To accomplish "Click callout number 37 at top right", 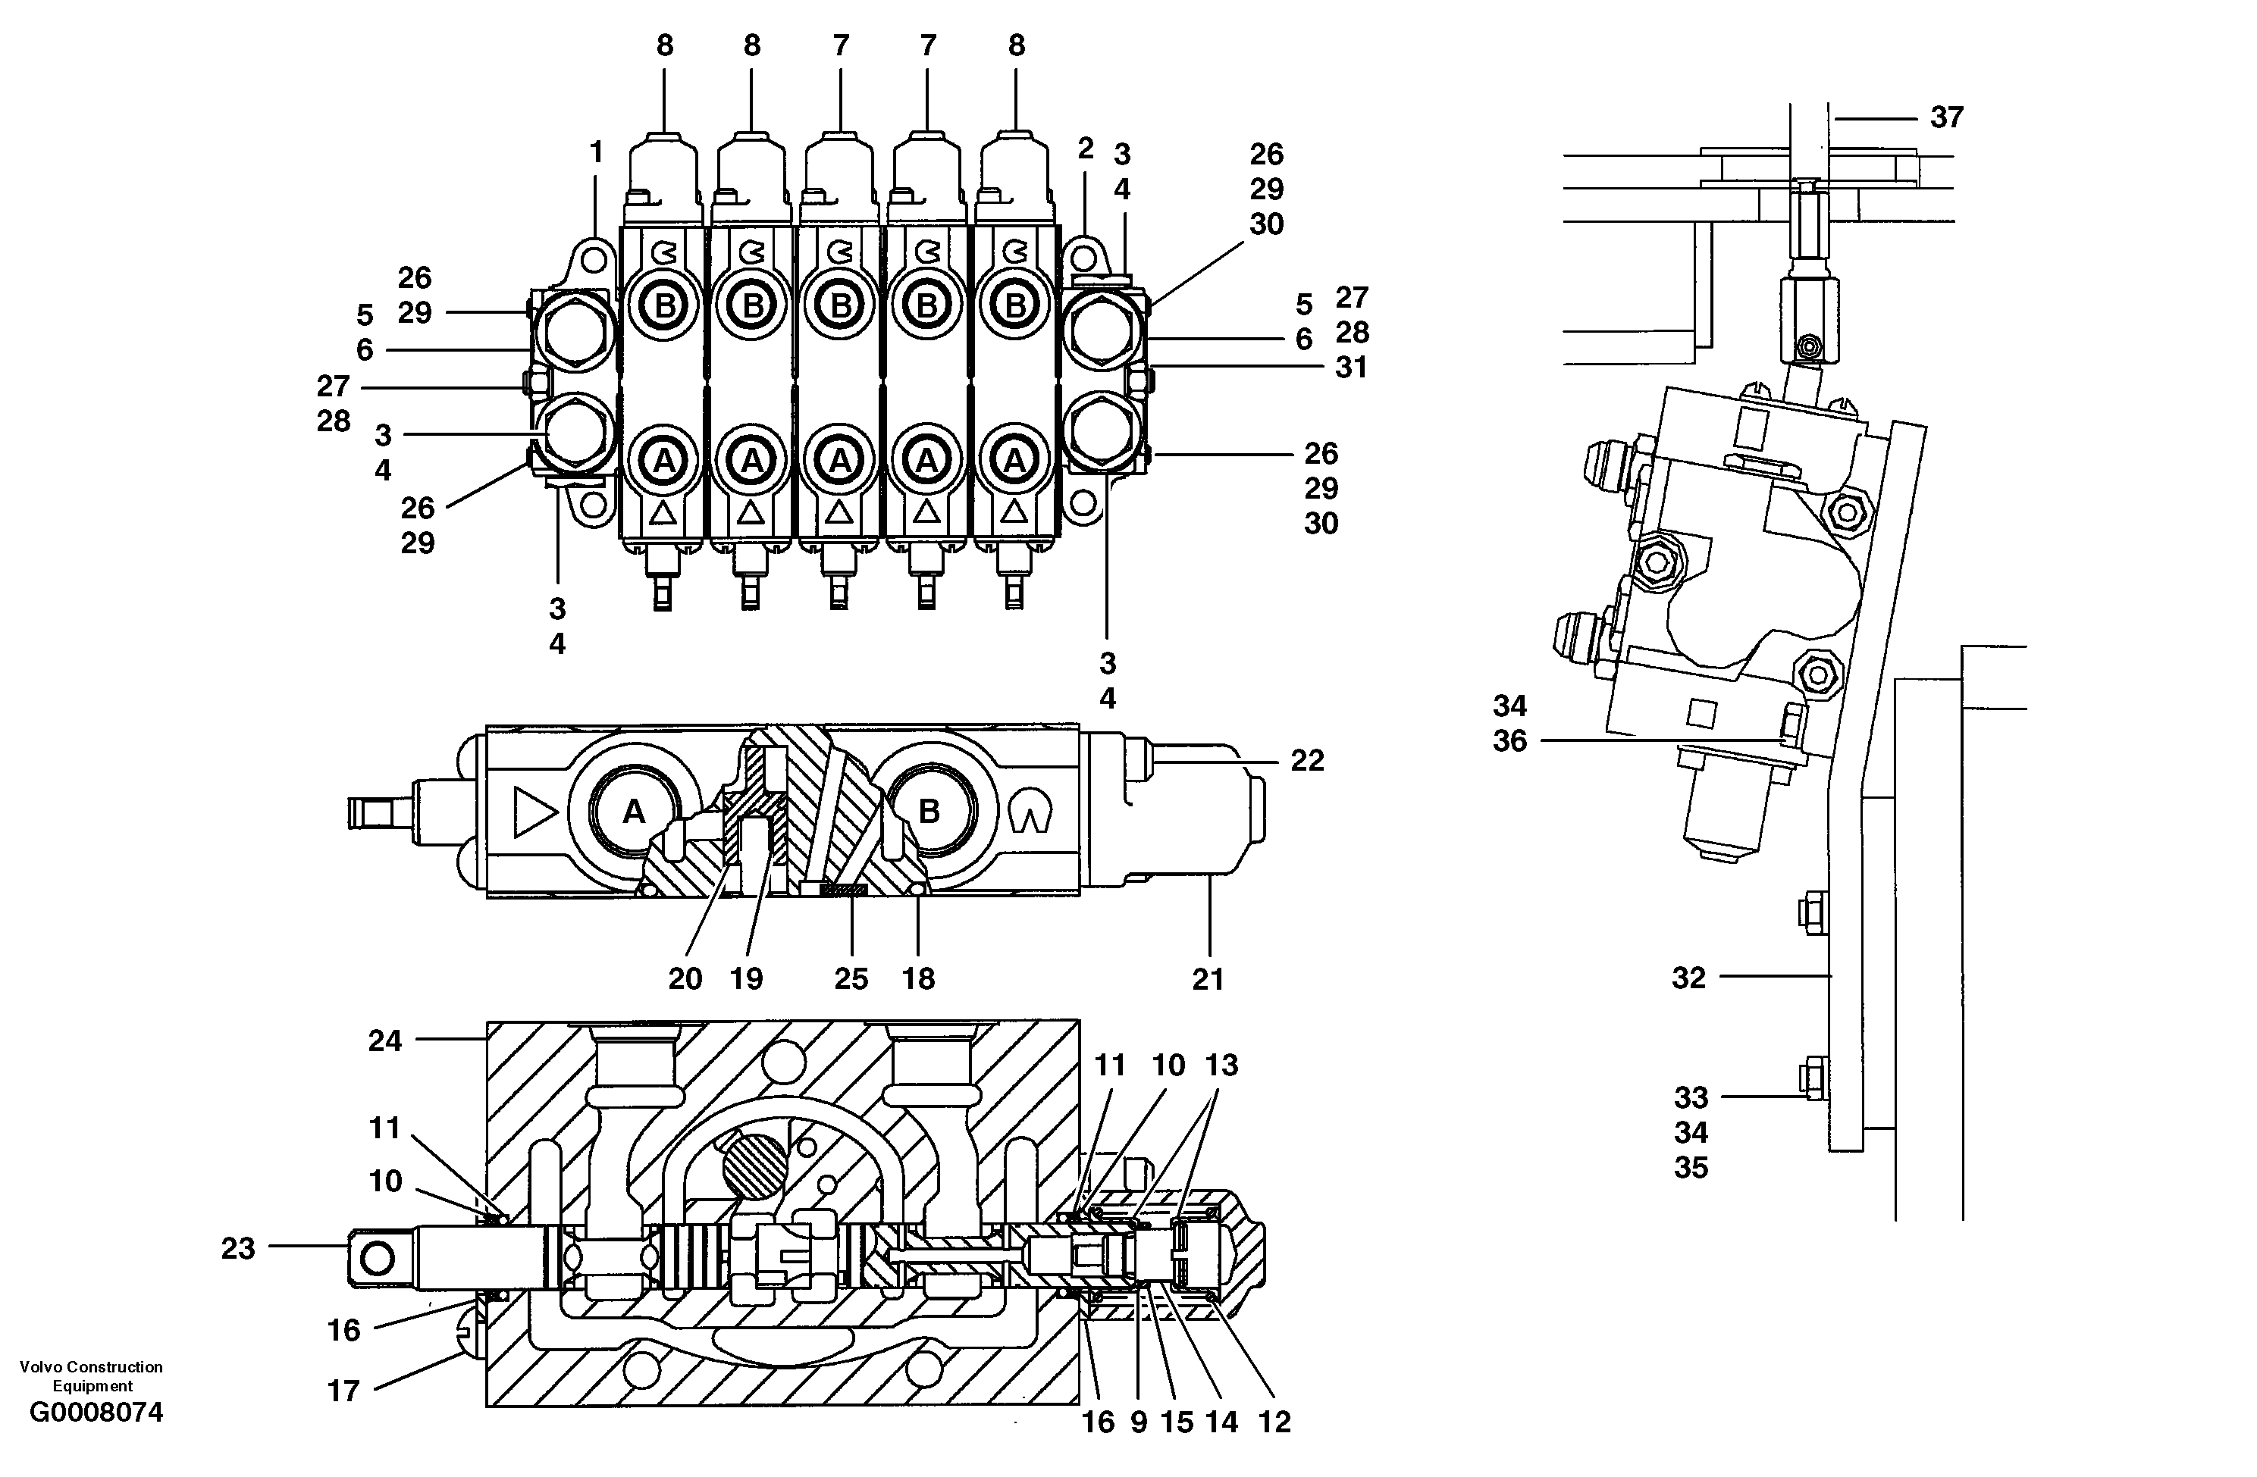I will click(1946, 117).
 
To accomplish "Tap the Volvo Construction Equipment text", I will click(91, 1375).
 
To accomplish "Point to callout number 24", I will click(384, 1041).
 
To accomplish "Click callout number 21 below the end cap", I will click(1207, 978).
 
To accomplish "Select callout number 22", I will click(1307, 760).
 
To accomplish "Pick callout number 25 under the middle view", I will click(851, 978).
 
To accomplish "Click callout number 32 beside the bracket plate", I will click(1688, 978).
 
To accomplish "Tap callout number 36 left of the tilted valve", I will click(1509, 740).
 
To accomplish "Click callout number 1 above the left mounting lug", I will click(597, 152).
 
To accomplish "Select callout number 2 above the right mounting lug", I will click(1086, 148).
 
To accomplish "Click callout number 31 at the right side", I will click(1351, 367).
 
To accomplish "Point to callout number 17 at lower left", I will click(343, 1391).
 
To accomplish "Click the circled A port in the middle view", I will click(634, 812).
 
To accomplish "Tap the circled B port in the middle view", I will click(929, 812).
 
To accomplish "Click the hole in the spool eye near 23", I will click(378, 1259).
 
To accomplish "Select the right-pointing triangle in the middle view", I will click(534, 812).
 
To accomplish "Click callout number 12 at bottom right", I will click(1274, 1422).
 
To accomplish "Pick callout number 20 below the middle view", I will click(685, 978).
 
